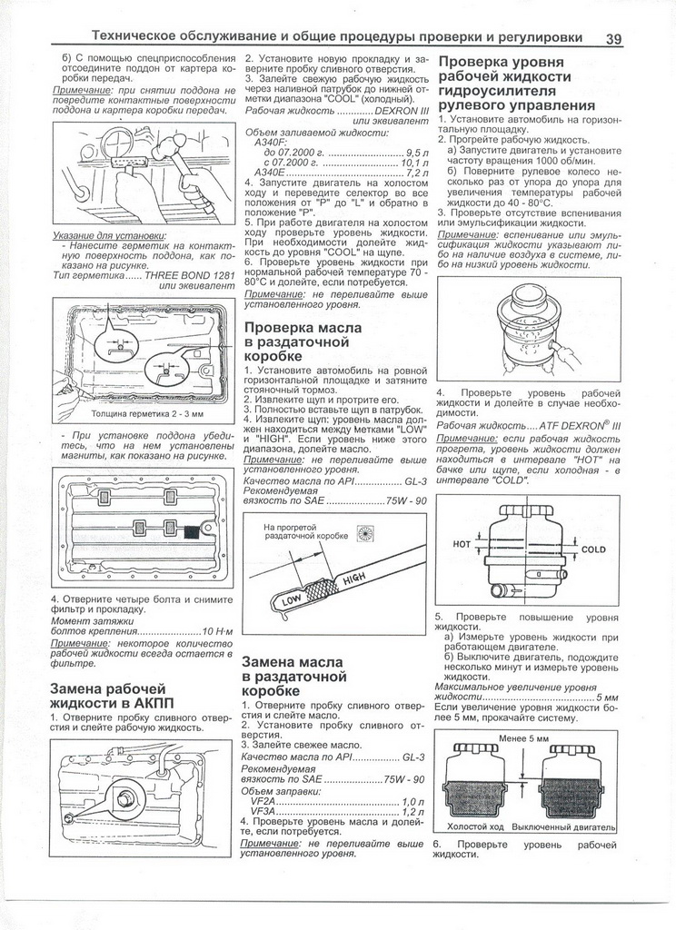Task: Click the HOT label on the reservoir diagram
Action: click(x=462, y=544)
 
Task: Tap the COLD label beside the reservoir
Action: click(x=593, y=549)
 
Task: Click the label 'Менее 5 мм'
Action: click(x=525, y=739)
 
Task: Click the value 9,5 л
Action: click(x=416, y=153)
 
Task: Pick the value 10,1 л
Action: click(x=414, y=163)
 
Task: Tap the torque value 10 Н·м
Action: click(x=219, y=629)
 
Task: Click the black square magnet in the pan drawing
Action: click(x=192, y=532)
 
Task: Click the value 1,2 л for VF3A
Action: click(x=413, y=813)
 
